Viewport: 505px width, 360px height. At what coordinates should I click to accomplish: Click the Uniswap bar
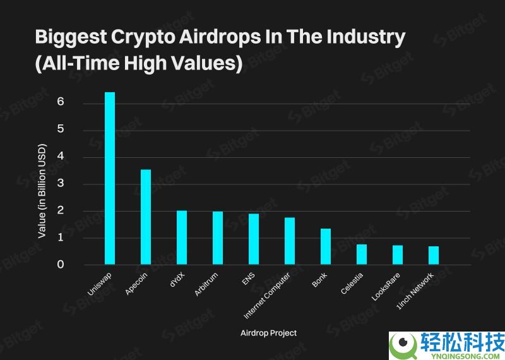[x=110, y=178]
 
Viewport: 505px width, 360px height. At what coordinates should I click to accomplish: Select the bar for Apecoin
[x=146, y=217]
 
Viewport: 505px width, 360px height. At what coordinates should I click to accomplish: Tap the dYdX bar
[x=182, y=237]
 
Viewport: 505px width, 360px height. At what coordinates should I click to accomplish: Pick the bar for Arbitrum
[x=218, y=238]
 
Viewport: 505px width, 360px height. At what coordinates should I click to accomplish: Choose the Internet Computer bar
[x=290, y=241]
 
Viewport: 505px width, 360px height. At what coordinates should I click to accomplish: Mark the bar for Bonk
[x=326, y=246]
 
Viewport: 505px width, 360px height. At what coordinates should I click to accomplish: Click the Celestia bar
[x=362, y=254]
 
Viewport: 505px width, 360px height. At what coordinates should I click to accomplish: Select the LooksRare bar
[x=398, y=255]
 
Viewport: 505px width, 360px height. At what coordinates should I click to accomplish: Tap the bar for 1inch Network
[x=434, y=255]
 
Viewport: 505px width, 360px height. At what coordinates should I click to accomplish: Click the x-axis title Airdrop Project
[x=269, y=333]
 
